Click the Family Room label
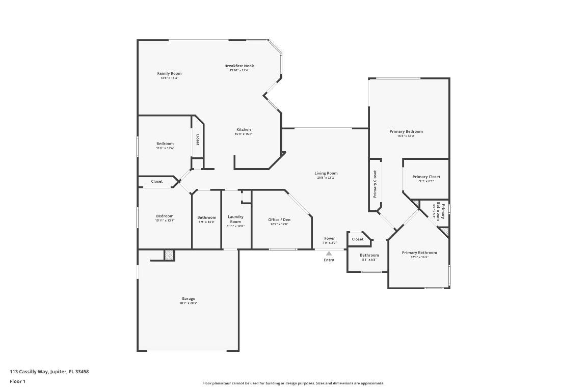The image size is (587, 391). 169,73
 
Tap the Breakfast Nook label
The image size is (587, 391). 239,66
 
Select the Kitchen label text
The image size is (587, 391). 243,129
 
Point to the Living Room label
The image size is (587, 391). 326,173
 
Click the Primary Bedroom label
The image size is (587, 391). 406,131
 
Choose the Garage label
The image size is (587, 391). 189,299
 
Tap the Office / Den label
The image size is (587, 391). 279,219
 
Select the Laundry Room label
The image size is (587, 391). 235,219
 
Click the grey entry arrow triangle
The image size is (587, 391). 329,253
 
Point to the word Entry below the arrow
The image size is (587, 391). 329,260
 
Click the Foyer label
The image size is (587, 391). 330,238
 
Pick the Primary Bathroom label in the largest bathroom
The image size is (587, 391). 419,253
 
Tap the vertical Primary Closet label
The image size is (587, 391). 375,184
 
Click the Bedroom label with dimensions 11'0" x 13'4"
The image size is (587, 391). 165,144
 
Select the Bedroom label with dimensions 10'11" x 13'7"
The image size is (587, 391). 165,216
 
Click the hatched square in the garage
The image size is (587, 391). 169,255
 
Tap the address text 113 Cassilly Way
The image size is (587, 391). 49,372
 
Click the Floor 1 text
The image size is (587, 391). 17,381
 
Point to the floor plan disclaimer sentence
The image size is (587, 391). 293,383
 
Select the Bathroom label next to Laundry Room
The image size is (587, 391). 207,217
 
